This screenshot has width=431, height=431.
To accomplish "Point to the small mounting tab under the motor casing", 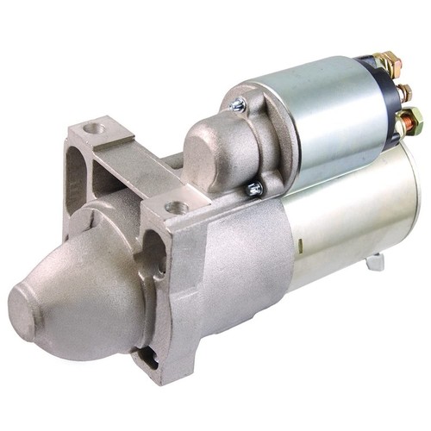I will (376, 261).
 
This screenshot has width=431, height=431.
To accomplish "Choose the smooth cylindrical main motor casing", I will (345, 215).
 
